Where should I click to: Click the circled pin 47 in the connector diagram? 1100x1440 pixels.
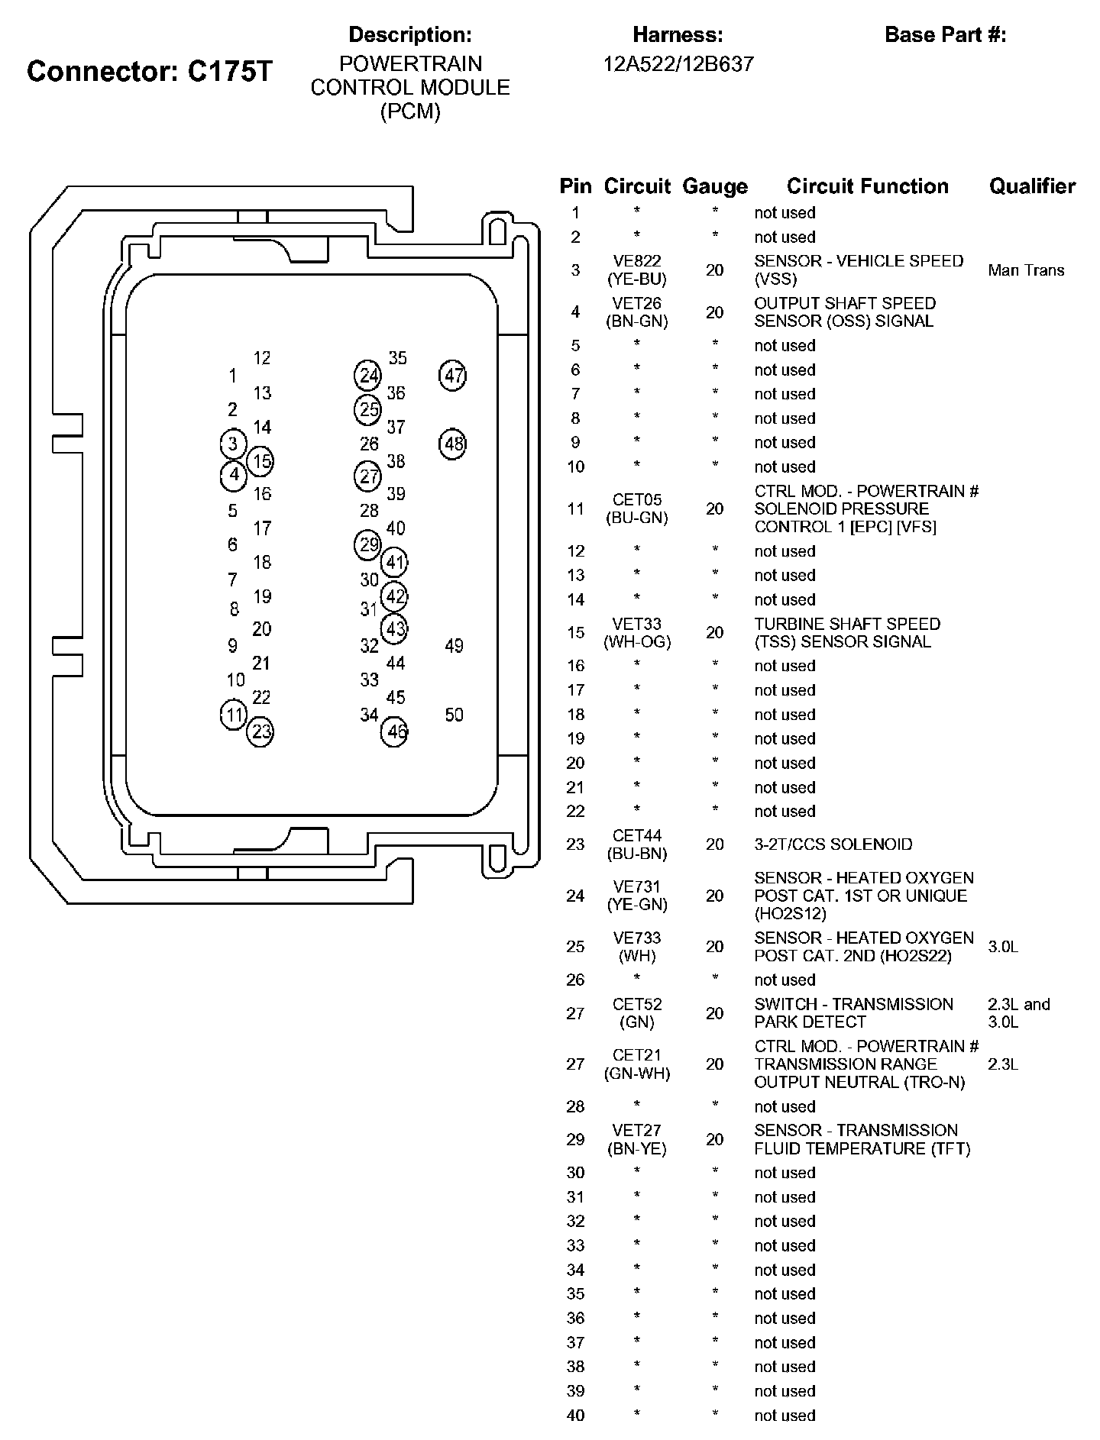click(453, 376)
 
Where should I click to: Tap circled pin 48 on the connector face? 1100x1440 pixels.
click(453, 444)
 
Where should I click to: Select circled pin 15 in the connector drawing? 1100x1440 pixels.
click(261, 461)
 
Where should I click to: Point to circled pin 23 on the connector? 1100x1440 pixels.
click(261, 732)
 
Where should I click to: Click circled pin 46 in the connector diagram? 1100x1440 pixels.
click(395, 732)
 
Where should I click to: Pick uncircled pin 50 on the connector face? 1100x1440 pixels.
click(454, 715)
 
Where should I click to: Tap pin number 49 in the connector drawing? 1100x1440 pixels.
click(454, 646)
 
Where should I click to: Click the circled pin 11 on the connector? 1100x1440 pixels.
click(233, 715)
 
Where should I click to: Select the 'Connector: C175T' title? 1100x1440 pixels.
click(150, 71)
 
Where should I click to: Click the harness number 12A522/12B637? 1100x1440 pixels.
click(678, 64)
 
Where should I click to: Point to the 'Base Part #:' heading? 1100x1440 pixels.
click(946, 34)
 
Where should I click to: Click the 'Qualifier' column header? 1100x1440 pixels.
click(1032, 186)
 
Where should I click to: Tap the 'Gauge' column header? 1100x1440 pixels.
click(715, 186)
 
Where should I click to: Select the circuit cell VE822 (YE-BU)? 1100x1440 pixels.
click(637, 270)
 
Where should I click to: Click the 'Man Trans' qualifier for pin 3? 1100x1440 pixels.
click(1026, 270)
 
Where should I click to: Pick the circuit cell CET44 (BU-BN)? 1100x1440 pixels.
click(637, 844)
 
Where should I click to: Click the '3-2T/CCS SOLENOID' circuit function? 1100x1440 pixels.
click(833, 844)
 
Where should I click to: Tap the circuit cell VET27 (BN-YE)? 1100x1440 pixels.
click(637, 1139)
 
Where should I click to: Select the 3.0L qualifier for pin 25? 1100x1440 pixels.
click(1003, 947)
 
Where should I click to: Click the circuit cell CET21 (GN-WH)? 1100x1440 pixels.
click(637, 1064)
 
